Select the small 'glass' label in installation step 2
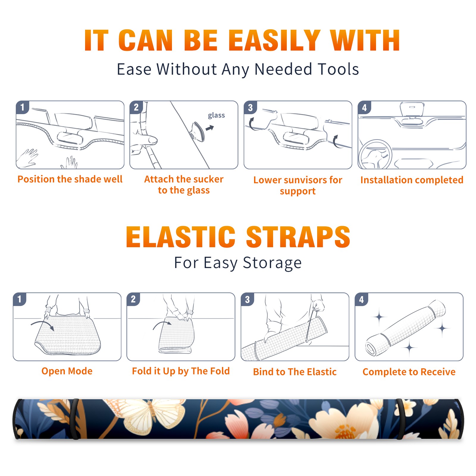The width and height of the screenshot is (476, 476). point(216,115)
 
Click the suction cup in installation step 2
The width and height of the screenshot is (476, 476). point(198,131)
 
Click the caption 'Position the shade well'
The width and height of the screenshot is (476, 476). point(70,179)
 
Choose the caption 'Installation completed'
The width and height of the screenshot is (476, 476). point(412,180)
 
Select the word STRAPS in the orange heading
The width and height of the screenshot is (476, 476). point(298,237)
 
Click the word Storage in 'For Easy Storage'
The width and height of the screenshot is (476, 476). point(272,263)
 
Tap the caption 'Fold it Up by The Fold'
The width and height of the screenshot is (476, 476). point(181,371)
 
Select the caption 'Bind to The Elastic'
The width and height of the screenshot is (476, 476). point(295,372)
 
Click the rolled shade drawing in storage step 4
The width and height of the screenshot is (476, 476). point(405,328)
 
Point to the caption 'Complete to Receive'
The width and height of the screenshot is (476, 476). point(409,372)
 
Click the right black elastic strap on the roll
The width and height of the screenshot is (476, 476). point(401,419)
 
